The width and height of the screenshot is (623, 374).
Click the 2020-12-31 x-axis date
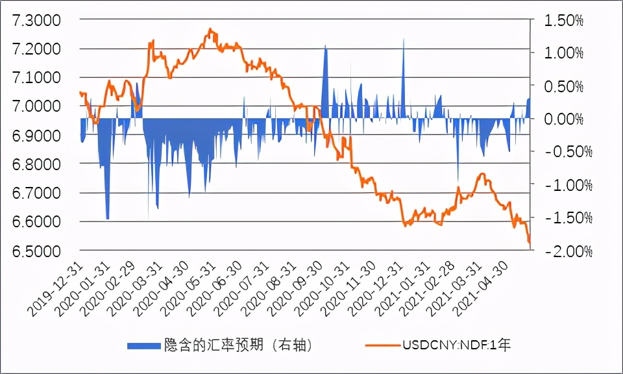point(369,292)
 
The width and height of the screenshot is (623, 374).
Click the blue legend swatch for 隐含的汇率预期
point(142,345)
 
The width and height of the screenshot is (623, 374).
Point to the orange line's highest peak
point(210,30)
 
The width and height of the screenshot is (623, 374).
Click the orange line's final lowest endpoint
point(530,243)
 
